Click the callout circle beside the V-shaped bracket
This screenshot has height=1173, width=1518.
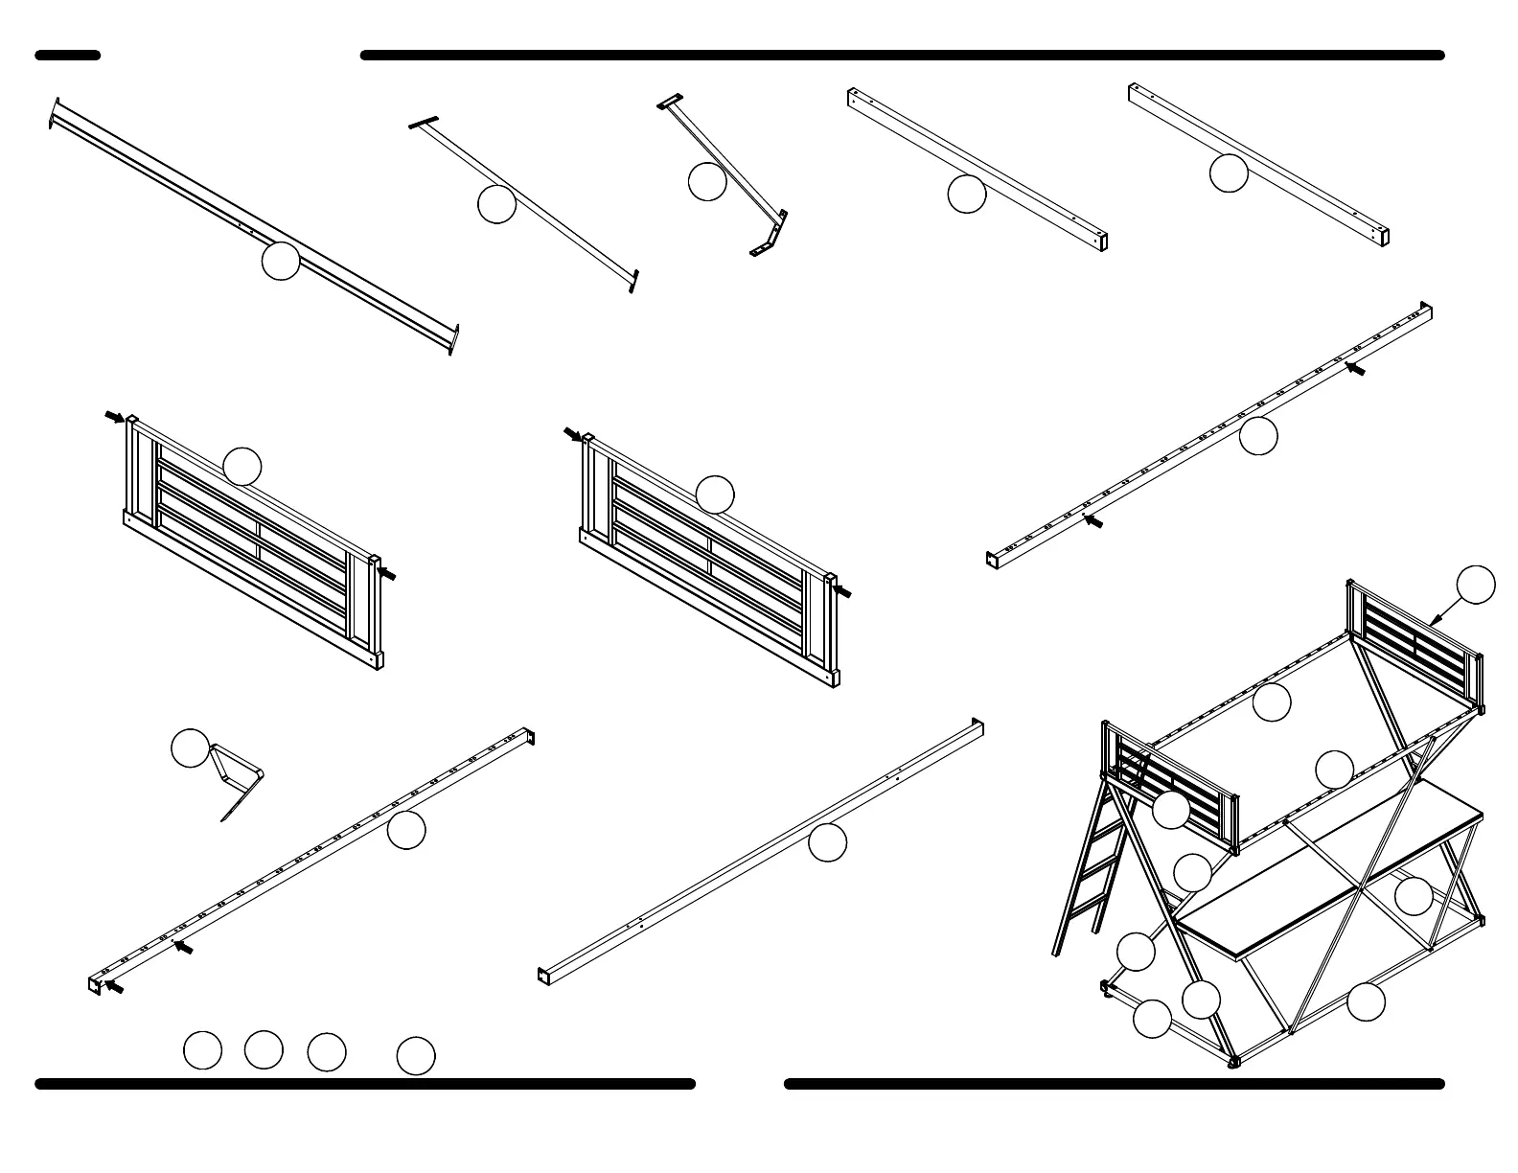[x=190, y=747]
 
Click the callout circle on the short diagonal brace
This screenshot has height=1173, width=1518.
[x=707, y=182]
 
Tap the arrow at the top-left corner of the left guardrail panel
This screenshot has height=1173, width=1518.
[x=114, y=417]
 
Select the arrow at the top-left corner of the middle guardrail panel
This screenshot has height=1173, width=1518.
[x=572, y=434]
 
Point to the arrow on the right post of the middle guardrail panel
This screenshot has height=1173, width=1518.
[x=842, y=591]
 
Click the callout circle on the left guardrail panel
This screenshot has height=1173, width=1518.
[x=242, y=466]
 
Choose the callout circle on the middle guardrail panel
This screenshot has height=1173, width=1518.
[x=715, y=494]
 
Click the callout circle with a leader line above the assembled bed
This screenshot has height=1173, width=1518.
[x=1476, y=585]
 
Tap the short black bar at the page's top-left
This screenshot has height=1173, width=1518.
[x=68, y=56]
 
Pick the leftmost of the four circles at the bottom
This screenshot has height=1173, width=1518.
[x=202, y=1050]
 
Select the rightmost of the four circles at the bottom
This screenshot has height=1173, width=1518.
[x=416, y=1055]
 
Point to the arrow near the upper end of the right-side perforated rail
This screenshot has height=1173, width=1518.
[x=1354, y=368]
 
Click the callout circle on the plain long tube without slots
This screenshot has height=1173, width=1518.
[x=828, y=841]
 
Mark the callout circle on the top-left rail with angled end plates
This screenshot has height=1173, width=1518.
[x=281, y=261]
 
